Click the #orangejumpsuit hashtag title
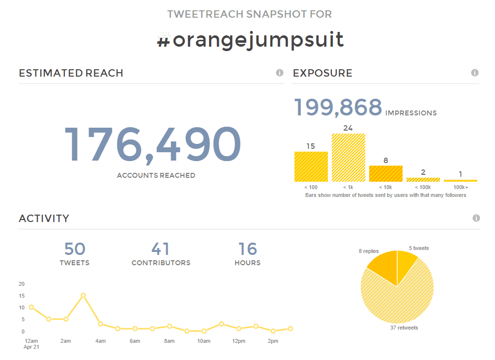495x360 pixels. click(x=250, y=39)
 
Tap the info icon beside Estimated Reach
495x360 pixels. click(x=280, y=73)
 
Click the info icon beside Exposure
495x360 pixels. click(x=475, y=73)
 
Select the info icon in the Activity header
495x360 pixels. click(x=476, y=218)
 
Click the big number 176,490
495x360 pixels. click(x=152, y=145)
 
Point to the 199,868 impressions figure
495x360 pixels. click(x=338, y=108)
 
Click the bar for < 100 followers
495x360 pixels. click(x=311, y=166)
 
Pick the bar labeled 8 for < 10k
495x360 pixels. click(x=386, y=173)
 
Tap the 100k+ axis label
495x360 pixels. click(x=461, y=187)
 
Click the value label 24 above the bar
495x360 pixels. click(x=348, y=128)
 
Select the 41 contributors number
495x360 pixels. click(x=161, y=249)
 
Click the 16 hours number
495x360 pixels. click(x=248, y=249)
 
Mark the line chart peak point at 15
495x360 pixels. click(x=83, y=295)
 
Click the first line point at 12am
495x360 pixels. click(x=31, y=307)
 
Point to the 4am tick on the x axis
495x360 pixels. click(x=100, y=341)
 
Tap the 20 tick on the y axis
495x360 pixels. click(x=22, y=284)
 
